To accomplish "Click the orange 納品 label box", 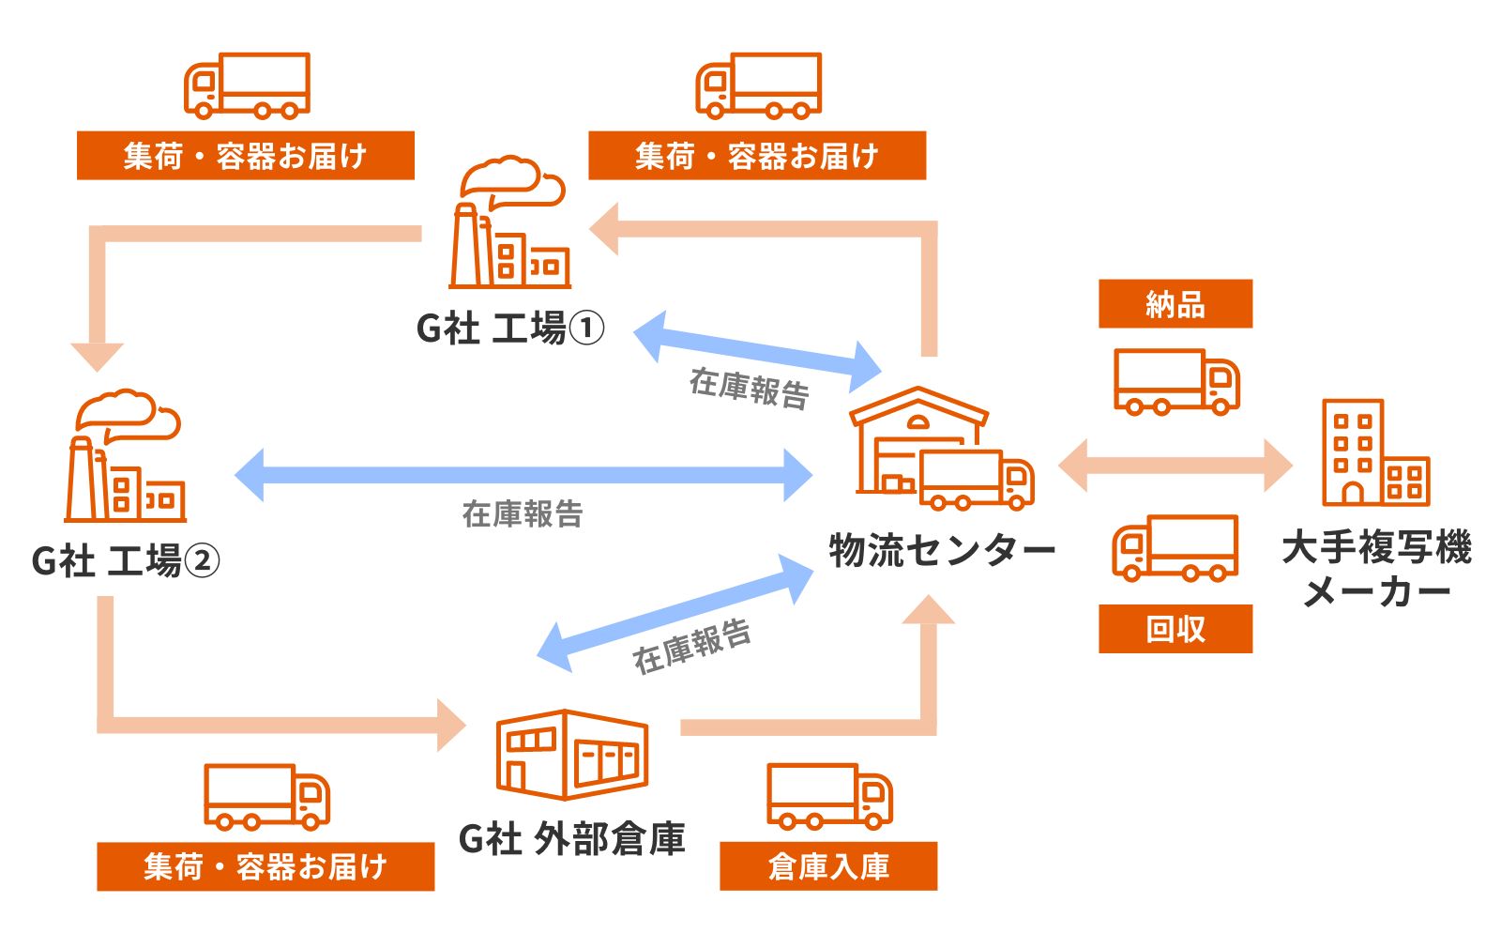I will pos(1175,304).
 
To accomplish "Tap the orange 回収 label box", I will pos(1175,629).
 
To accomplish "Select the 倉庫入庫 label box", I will pos(827,865).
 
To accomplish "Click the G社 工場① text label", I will pos(510,329).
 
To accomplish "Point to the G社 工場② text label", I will pos(126,561).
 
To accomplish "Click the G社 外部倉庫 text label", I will pos(571,838).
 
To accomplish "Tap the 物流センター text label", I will pos(942,550).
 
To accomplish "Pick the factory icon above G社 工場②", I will pos(125,458).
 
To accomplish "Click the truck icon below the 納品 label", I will pos(1176,381).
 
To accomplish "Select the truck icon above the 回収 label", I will pos(1175,548).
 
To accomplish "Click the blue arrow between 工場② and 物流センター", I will pos(523,475).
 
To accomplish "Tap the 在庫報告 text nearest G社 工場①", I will pos(749,388).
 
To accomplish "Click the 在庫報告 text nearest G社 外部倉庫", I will pos(691,646).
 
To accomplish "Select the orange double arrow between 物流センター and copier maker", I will pos(1175,464).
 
